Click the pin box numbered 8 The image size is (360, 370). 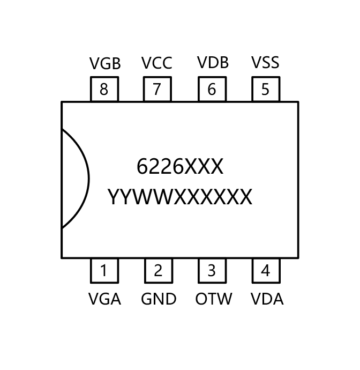click(104, 89)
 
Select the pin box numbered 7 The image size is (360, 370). click(157, 89)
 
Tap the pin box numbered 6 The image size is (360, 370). click(212, 89)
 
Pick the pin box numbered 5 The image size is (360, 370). click(265, 89)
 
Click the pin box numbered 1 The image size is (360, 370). click(104, 271)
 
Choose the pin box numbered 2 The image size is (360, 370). click(158, 271)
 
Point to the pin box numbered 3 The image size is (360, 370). click(212, 271)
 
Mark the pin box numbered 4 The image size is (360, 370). click(265, 271)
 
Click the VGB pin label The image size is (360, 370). click(105, 64)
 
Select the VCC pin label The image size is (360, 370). click(157, 63)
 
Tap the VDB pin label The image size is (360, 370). click(213, 63)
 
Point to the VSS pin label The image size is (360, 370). click(265, 63)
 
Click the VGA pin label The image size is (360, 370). click(104, 299)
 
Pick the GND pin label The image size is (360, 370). click(159, 299)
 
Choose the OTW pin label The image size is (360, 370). click(213, 299)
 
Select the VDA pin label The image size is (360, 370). click(267, 299)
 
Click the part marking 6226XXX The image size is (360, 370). click(179, 167)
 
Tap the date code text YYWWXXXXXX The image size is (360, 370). click(179, 197)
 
